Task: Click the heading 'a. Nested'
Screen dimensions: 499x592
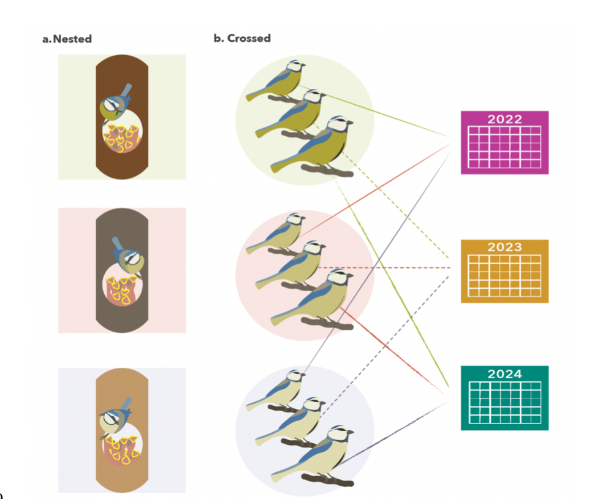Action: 67,39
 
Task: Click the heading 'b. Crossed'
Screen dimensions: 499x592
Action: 242,38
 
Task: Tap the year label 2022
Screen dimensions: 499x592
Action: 504,119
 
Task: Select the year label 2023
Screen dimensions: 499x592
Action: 504,247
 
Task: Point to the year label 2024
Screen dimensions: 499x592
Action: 504,374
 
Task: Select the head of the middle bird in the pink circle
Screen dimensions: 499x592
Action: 315,248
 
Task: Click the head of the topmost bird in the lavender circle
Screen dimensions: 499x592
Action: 297,376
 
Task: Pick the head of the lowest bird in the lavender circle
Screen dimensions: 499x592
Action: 338,435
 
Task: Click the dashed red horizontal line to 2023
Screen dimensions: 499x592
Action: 386,269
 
